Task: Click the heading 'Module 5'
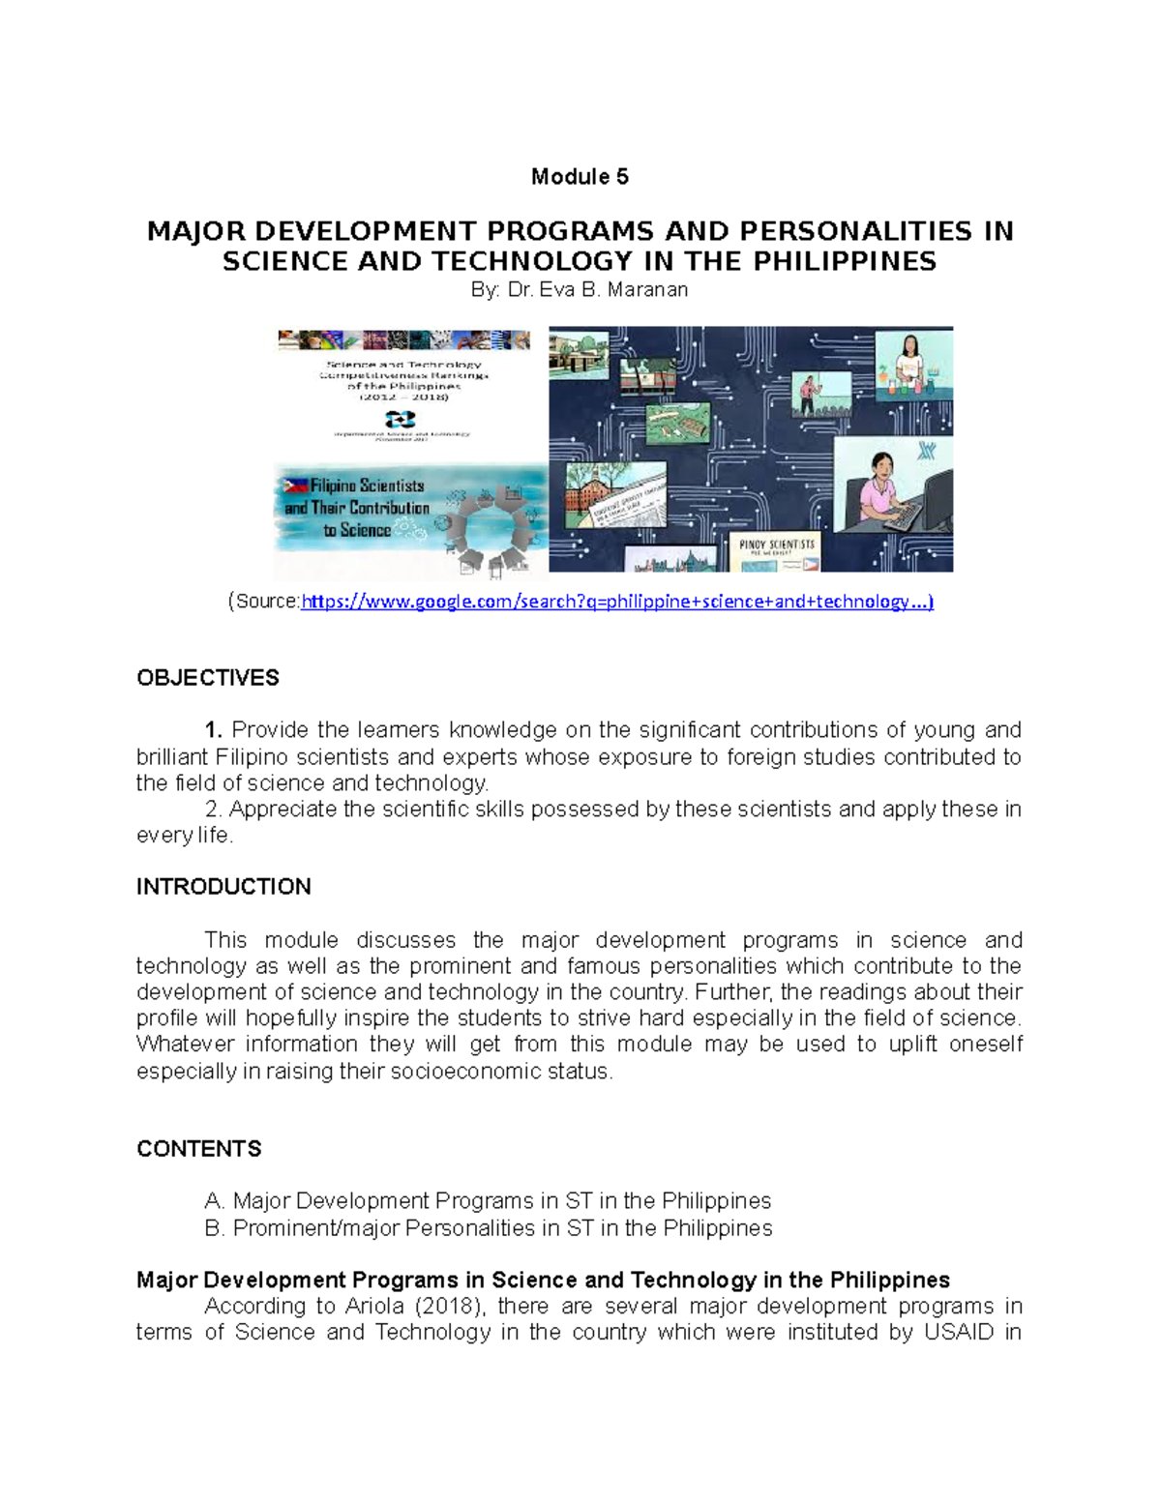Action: click(x=580, y=177)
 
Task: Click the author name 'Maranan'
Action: click(x=647, y=289)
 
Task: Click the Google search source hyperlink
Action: click(x=617, y=602)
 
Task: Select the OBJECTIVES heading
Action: click(x=207, y=678)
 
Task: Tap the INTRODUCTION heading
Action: click(x=223, y=887)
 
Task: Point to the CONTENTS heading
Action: click(x=199, y=1149)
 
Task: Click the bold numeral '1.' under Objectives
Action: click(x=214, y=729)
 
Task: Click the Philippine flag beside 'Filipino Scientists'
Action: click(x=295, y=486)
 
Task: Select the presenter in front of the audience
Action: click(x=808, y=393)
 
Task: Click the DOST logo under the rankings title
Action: click(x=401, y=419)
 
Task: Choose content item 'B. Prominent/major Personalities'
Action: click(x=489, y=1228)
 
